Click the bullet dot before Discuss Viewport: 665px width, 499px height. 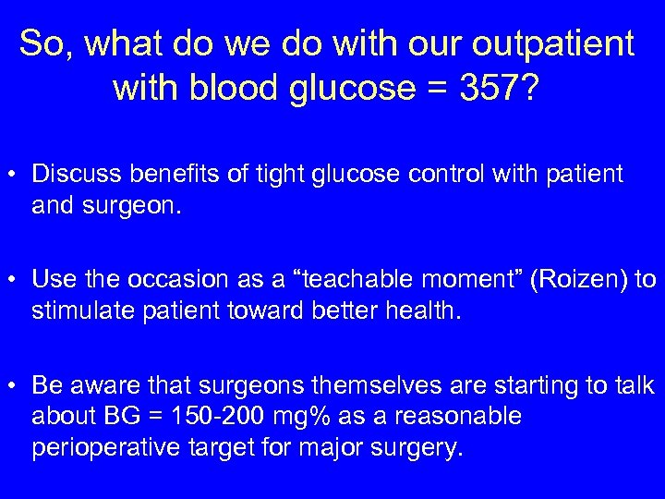17,175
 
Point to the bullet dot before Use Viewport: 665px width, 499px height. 17,278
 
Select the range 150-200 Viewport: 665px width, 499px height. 223,416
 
